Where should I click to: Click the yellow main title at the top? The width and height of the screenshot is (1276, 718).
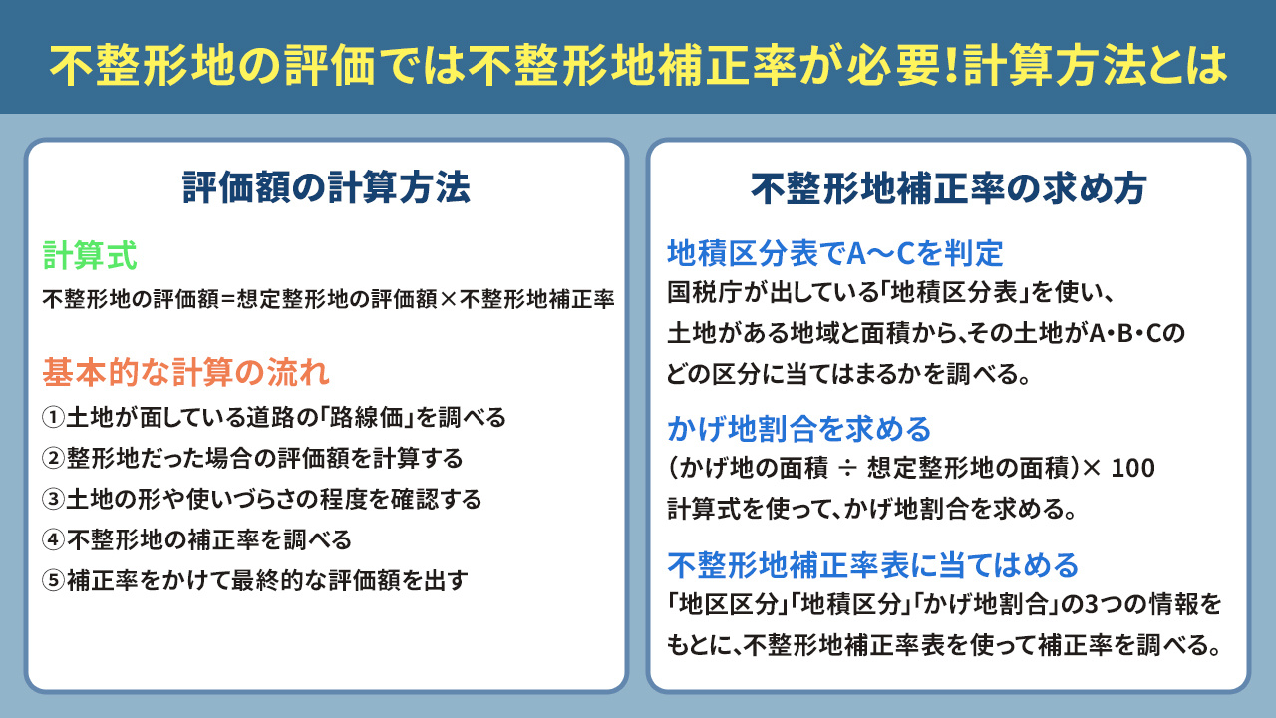coord(638,65)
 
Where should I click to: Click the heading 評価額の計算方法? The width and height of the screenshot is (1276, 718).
coord(326,187)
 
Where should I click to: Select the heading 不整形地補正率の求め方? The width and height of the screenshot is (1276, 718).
coord(948,187)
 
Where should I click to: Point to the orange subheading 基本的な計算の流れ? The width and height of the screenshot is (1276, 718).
coord(185,373)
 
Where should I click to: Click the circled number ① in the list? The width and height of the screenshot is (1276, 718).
coord(54,417)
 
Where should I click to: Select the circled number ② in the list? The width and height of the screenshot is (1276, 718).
coord(54,458)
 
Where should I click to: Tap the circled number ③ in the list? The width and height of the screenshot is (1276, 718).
coord(54,499)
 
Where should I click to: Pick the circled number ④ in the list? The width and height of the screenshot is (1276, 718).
coord(54,539)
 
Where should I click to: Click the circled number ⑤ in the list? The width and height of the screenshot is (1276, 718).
coord(54,580)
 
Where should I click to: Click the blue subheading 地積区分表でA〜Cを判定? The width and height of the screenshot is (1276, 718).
coord(834,254)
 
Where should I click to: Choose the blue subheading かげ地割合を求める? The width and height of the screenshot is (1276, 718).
coord(798,429)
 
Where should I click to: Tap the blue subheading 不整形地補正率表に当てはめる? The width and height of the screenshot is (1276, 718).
coord(872,565)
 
